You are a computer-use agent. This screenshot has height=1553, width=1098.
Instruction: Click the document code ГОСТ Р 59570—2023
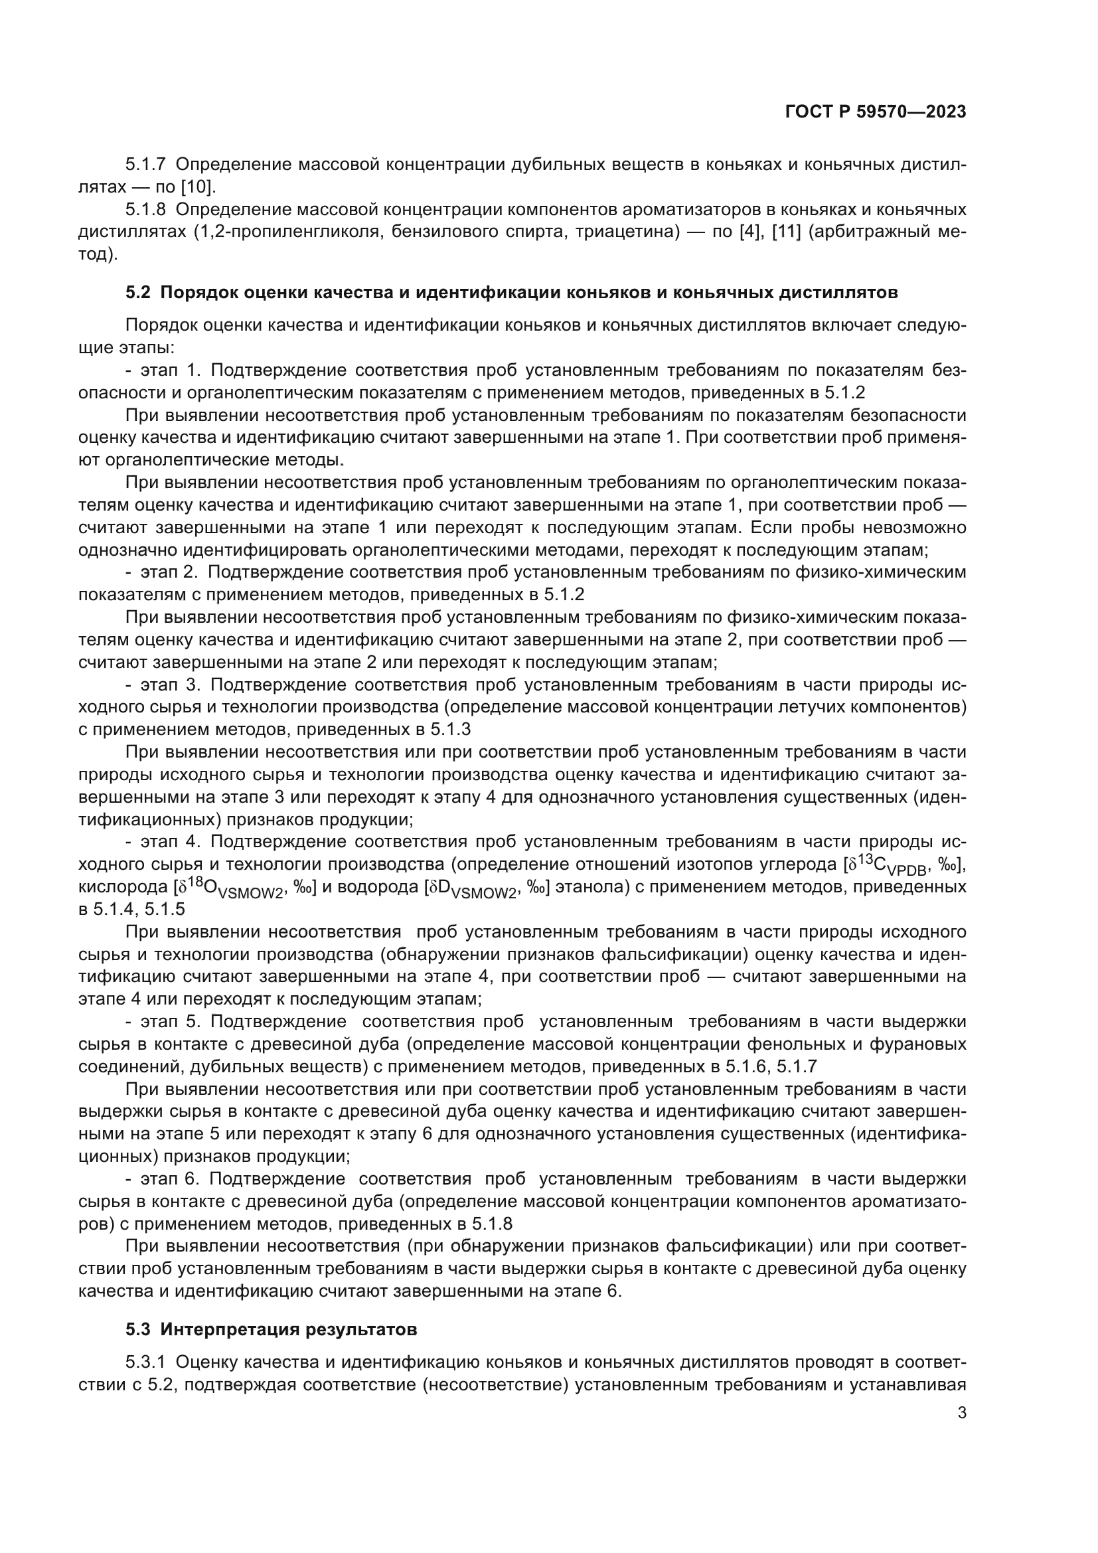876,112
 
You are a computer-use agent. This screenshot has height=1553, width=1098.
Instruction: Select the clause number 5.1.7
145,165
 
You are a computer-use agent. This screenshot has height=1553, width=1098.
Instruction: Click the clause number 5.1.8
145,209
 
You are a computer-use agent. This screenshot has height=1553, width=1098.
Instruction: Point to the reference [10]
197,187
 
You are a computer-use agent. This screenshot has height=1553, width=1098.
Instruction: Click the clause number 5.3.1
145,1362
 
